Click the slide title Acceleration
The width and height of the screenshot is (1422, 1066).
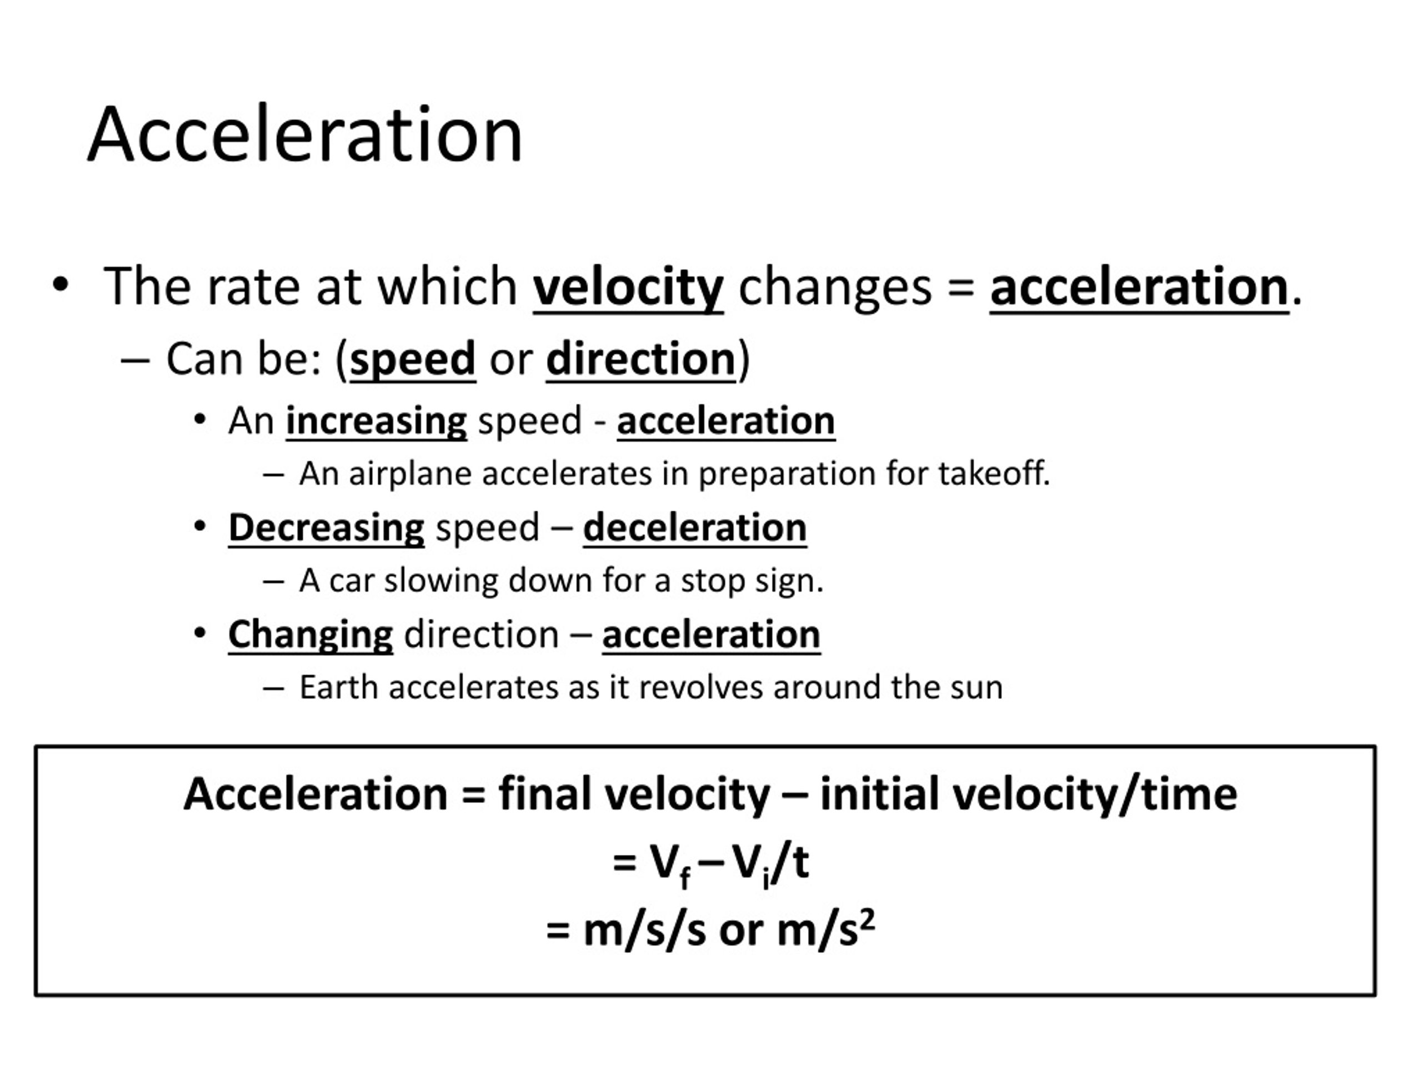306,135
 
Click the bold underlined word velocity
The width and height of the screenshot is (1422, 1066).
628,286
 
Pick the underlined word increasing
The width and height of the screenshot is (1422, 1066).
376,421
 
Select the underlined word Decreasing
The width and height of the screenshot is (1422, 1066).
326,528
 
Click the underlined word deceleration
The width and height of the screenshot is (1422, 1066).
694,528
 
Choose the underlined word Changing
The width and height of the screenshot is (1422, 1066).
311,635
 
